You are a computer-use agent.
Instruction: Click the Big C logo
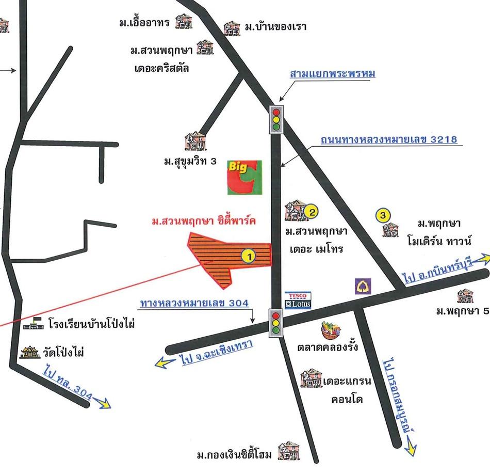point(244,178)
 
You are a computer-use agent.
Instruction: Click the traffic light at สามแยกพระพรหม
point(277,119)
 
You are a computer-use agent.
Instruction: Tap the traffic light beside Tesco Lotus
point(276,323)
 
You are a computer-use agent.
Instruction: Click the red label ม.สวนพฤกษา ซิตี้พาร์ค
point(203,221)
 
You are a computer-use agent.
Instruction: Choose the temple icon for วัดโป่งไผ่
point(30,352)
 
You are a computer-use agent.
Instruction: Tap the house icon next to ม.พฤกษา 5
point(465,296)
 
